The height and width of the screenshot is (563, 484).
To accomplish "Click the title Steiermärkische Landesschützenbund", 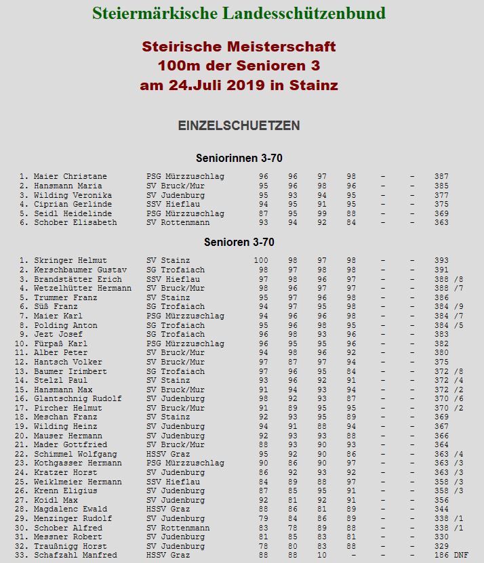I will tap(239, 14).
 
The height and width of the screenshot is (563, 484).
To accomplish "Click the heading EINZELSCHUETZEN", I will tap(239, 126).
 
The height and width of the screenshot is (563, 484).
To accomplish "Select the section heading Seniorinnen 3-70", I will tap(239, 159).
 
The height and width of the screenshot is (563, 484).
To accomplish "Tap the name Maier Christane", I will tap(70, 177).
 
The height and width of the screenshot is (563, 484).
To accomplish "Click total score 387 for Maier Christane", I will tap(441, 177).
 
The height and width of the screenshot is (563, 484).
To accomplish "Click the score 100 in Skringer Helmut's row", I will tap(261, 261).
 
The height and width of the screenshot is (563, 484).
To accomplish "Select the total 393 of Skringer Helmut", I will tap(441, 261).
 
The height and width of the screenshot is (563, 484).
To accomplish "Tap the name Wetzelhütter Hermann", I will tap(83, 289).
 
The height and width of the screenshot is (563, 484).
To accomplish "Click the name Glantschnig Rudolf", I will tap(78, 399).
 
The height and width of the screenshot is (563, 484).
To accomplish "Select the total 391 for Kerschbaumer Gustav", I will tap(441, 270).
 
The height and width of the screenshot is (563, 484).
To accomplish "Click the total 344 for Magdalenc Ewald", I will tap(441, 509).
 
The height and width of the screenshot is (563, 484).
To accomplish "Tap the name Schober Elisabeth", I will tap(75, 223).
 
